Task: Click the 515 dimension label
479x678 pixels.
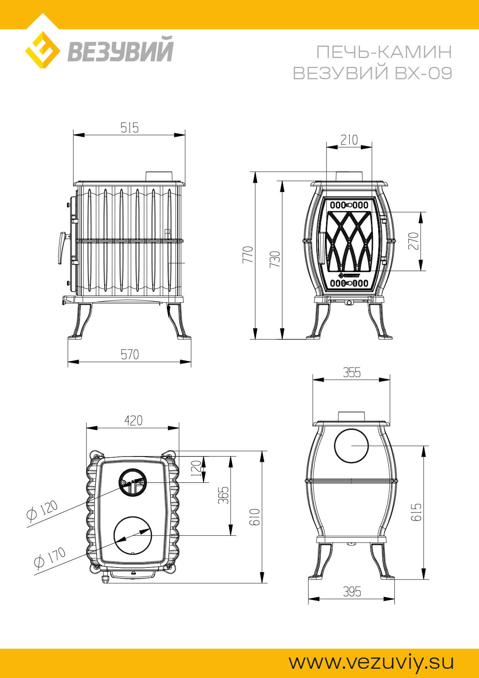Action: click(x=129, y=128)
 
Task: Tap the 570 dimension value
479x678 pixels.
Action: click(x=130, y=354)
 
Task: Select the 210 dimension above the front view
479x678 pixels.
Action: click(x=349, y=140)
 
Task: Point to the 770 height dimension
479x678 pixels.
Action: click(x=248, y=254)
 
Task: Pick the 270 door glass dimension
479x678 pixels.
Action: click(x=413, y=241)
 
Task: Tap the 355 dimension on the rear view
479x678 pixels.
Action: click(x=352, y=373)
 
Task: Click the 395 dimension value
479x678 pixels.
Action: click(x=352, y=591)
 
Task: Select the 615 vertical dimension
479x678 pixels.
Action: click(x=416, y=512)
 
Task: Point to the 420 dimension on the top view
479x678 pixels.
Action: click(x=133, y=420)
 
